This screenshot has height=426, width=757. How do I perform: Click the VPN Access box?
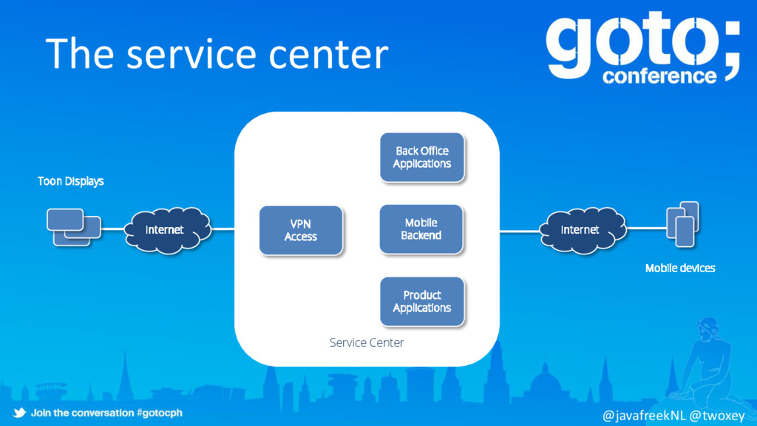coord(301,230)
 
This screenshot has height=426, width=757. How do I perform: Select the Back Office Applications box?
coord(422,157)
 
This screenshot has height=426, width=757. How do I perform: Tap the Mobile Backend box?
coord(421,229)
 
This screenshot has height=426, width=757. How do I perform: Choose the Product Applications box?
coord(422,301)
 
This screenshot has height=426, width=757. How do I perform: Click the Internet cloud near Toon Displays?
coord(164,229)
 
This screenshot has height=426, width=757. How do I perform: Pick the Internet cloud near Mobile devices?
coord(580,229)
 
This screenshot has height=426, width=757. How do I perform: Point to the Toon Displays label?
coord(71,181)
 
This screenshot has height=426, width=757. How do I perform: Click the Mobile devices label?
coord(680,268)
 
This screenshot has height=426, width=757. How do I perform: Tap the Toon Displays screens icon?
coord(73,226)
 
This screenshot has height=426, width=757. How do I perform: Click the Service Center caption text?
coord(367,342)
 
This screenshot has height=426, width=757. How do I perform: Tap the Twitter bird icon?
coord(19,412)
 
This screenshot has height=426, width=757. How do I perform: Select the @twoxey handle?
coord(717,416)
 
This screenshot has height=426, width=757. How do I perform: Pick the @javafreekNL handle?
coord(645,416)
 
